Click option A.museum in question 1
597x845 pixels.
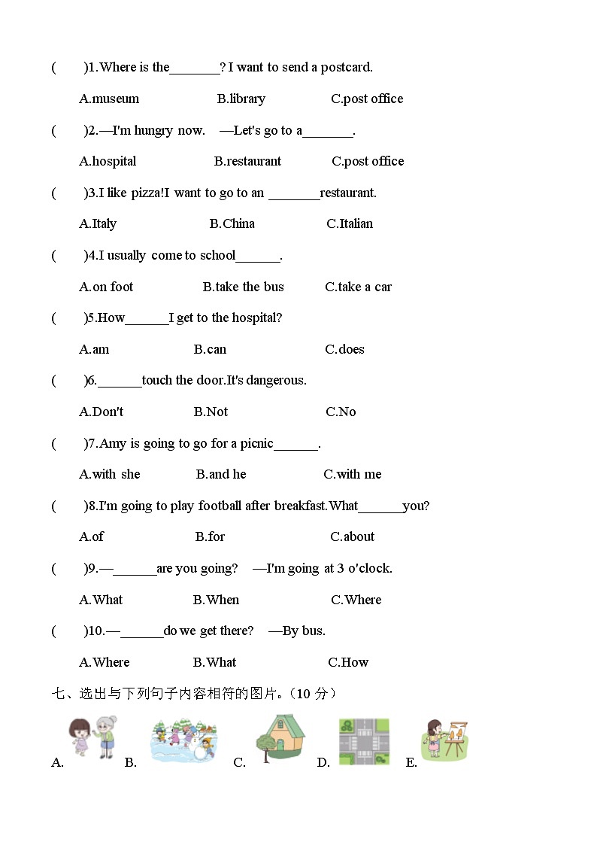pos(109,99)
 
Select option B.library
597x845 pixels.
pos(241,99)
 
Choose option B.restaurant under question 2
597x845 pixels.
pos(247,161)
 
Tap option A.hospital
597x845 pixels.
pos(108,161)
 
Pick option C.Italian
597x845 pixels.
pos(350,223)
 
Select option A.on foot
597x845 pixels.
pos(106,287)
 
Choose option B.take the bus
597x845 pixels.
pos(243,287)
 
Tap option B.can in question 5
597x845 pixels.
pos(210,349)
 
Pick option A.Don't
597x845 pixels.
pos(101,412)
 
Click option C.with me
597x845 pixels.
pos(352,474)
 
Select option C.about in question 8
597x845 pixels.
pos(352,536)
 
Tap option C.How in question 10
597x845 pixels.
pos(348,662)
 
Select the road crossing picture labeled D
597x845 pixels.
pos(364,741)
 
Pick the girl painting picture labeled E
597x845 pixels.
pos(444,740)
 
